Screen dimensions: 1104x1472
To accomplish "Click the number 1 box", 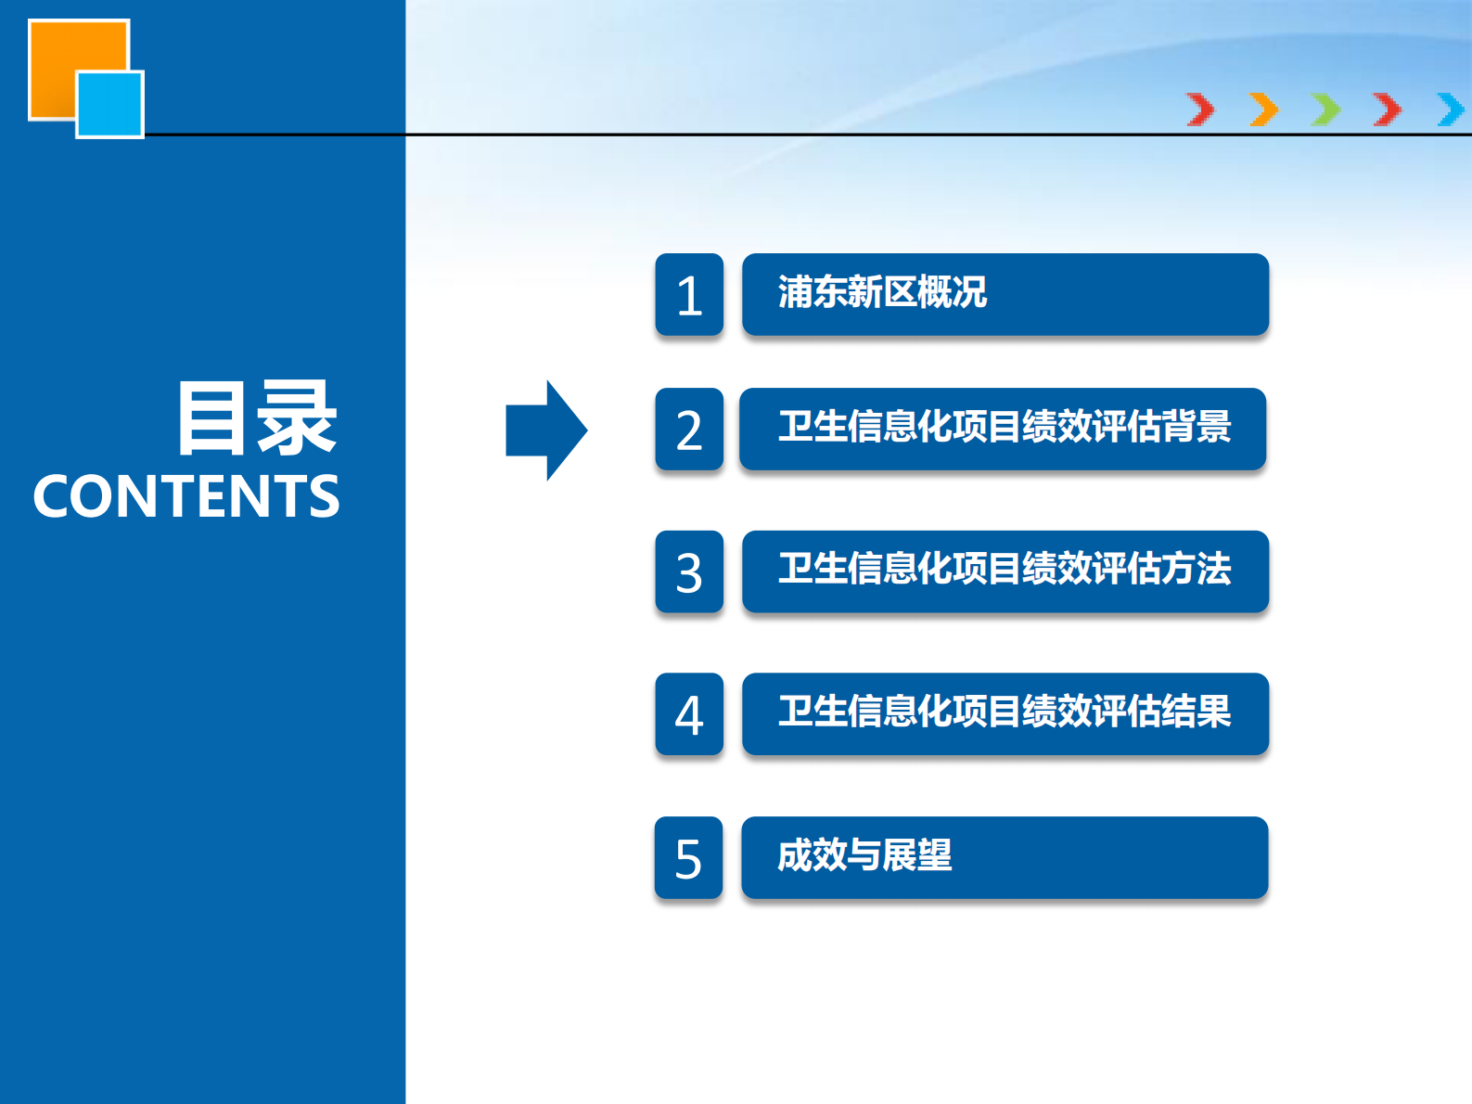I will coord(689,295).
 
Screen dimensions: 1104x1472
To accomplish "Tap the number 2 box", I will coord(689,430).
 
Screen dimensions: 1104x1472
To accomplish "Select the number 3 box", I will coord(689,571).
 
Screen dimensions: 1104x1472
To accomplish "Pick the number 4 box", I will coord(689,714).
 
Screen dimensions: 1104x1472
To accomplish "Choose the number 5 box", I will coord(688,858).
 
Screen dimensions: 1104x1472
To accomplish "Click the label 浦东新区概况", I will coord(882,292).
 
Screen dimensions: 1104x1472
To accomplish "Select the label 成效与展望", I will coord(864,855).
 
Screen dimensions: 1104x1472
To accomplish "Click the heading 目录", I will coord(257,419).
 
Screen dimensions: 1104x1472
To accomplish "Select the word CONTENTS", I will coord(186,496).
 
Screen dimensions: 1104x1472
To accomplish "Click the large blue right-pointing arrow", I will coord(546,430).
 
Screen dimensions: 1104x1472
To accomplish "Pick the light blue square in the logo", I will coord(110,105).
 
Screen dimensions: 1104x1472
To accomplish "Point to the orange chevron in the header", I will coord(1263,109).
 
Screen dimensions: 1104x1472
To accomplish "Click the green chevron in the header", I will coord(1325,109).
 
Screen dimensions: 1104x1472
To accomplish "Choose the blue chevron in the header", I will coord(1451,109).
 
